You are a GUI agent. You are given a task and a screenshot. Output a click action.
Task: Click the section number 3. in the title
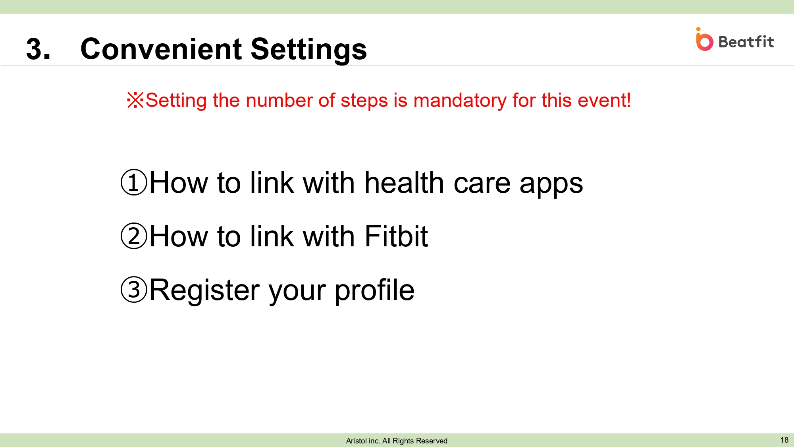click(x=39, y=49)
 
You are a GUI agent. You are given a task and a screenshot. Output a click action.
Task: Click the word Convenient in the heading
click(x=161, y=49)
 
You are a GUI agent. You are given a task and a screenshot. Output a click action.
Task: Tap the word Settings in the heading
click(x=309, y=50)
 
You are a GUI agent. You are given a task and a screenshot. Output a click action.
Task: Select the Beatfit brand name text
click(x=746, y=42)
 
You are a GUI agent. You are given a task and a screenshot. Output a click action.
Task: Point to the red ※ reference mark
click(x=135, y=100)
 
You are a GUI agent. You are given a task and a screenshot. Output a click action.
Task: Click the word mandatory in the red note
click(x=460, y=101)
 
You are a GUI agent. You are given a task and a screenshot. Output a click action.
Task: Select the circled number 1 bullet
click(x=134, y=182)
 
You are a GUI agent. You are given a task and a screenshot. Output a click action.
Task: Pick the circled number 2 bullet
click(x=134, y=236)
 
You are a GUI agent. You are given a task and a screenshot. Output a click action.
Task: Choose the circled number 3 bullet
click(x=134, y=289)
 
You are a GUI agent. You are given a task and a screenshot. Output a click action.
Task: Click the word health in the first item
click(x=404, y=183)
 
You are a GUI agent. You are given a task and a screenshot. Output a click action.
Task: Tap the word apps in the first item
click(x=551, y=185)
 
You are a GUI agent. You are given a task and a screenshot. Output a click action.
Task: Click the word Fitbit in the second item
click(x=396, y=236)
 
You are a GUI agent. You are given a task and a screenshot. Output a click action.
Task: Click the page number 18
click(x=784, y=440)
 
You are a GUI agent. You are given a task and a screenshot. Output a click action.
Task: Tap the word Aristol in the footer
click(x=357, y=441)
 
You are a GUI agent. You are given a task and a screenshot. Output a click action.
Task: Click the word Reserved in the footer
click(x=432, y=441)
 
